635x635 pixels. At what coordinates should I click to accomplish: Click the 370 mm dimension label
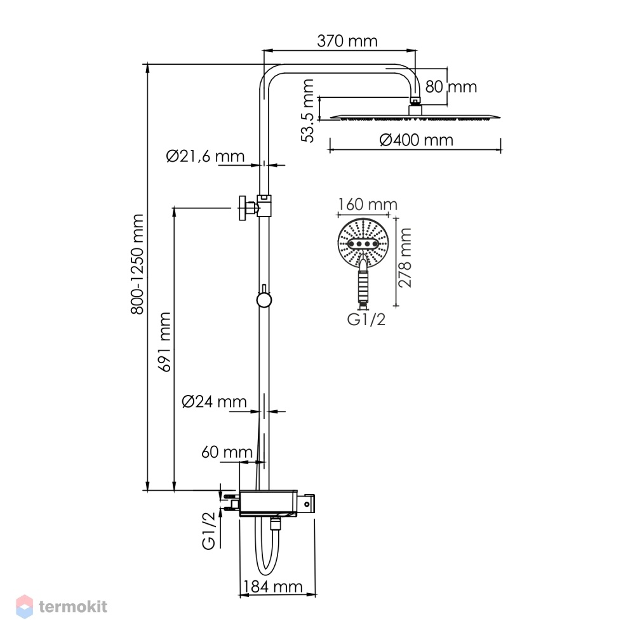(347, 41)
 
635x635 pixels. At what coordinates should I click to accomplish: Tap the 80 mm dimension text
(451, 86)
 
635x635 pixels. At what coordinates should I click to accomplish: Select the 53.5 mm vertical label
(308, 111)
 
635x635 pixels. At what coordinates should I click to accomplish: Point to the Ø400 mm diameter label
(417, 140)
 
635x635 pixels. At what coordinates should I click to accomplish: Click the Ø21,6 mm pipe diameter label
(205, 156)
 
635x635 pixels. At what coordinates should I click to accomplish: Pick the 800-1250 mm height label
(137, 264)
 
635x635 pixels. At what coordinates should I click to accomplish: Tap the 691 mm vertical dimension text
(165, 342)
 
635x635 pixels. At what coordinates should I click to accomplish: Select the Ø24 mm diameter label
(214, 401)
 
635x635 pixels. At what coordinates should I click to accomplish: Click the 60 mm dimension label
(227, 452)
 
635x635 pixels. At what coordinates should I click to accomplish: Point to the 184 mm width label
(273, 586)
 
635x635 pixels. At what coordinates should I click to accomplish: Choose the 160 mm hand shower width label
(368, 204)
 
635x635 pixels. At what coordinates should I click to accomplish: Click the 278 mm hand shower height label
(404, 258)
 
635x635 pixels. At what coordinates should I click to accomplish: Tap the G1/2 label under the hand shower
(366, 319)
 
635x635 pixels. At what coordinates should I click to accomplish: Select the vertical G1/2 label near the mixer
(208, 530)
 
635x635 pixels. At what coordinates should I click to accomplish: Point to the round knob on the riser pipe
(264, 300)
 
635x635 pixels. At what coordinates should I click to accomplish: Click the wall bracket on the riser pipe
(255, 207)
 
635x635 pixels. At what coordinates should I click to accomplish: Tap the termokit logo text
(73, 606)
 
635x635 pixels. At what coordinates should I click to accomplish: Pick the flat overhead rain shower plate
(415, 117)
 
